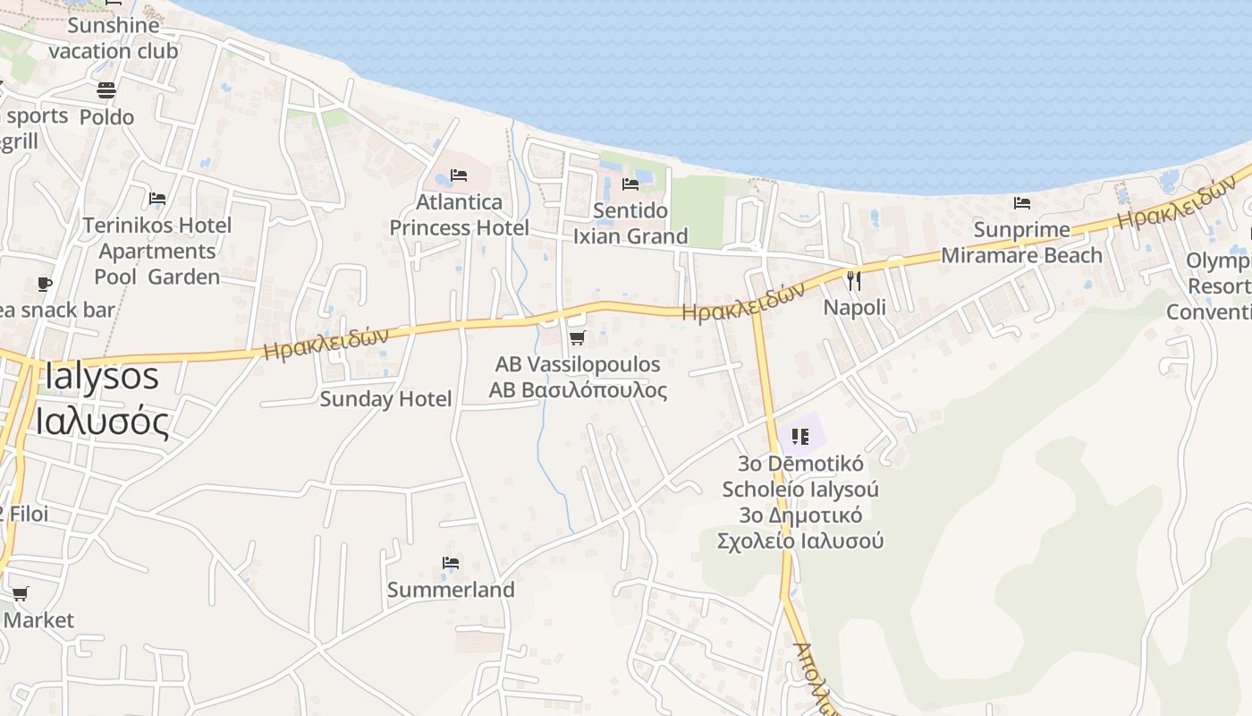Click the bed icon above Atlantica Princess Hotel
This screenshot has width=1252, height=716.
459,175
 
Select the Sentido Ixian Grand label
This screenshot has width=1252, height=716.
630,224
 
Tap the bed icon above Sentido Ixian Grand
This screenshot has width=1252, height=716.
630,184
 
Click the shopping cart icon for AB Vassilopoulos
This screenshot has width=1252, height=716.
577,338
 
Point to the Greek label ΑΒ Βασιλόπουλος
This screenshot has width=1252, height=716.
578,390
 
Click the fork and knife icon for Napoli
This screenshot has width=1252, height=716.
854,281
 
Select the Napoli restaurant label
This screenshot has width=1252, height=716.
854,307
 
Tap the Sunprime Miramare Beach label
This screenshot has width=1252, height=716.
1021,243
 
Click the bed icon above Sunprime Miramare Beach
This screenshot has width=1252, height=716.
1022,203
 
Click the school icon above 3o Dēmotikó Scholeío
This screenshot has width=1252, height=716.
800,437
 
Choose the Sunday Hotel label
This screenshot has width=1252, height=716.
385,398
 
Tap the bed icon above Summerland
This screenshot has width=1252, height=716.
451,563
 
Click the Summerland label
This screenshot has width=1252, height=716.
451,590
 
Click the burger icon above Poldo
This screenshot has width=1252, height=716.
106,90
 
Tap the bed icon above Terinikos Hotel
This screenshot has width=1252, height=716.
157,199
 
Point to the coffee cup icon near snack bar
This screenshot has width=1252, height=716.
45,285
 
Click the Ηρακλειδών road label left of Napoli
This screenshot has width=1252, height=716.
742,302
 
